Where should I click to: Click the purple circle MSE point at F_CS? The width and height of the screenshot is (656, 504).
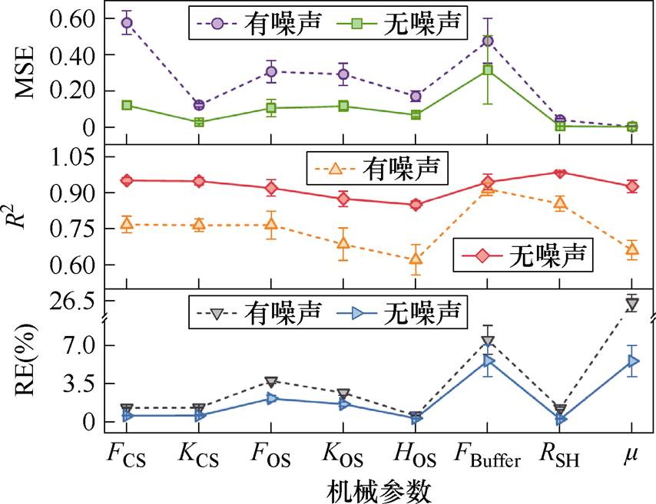click(x=127, y=23)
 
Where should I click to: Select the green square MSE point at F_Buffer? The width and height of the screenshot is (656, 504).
click(x=488, y=70)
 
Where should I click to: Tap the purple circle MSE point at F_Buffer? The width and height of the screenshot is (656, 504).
click(x=488, y=41)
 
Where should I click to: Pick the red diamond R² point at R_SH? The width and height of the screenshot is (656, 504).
click(x=560, y=173)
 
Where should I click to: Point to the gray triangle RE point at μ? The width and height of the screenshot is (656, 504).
click(x=632, y=305)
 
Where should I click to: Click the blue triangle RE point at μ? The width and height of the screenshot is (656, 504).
click(x=632, y=361)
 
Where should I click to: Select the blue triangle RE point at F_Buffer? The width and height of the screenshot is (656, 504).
click(x=488, y=361)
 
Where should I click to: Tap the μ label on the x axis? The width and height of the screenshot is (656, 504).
click(x=631, y=457)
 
